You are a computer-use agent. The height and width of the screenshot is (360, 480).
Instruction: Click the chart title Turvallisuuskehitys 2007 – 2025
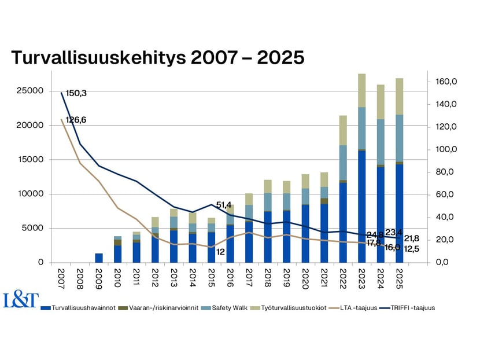157,58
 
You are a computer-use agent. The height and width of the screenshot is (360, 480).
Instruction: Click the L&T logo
21,300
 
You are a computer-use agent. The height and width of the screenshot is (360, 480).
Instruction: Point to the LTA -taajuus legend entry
364,308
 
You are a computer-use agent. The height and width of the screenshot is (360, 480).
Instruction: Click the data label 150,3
76,93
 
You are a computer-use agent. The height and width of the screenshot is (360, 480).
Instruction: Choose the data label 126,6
76,120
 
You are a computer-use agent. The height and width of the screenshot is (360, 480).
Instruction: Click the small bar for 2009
98,258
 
